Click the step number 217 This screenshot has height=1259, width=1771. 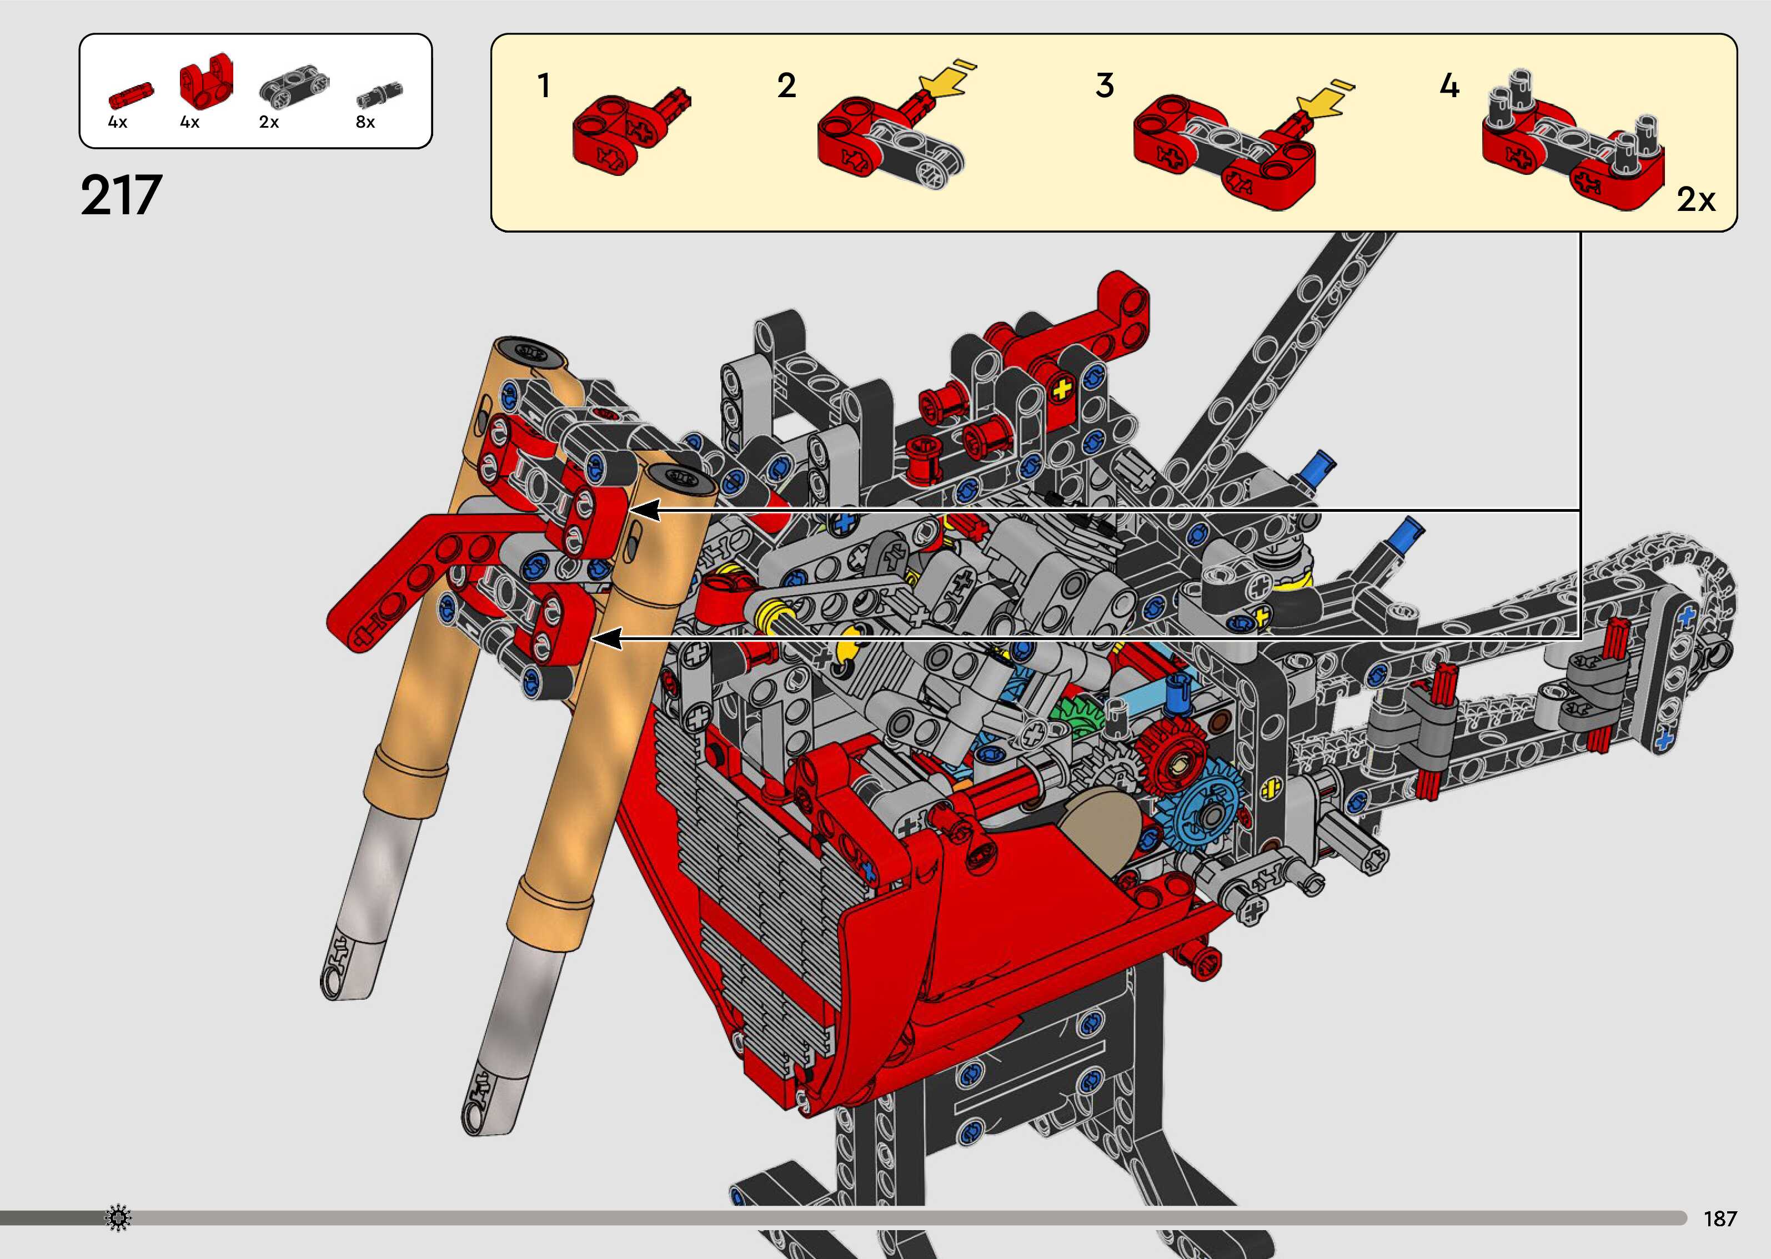121,195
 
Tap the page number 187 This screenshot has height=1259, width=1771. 1720,1218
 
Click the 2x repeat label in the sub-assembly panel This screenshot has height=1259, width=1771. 1696,200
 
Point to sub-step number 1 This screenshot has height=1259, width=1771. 544,85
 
